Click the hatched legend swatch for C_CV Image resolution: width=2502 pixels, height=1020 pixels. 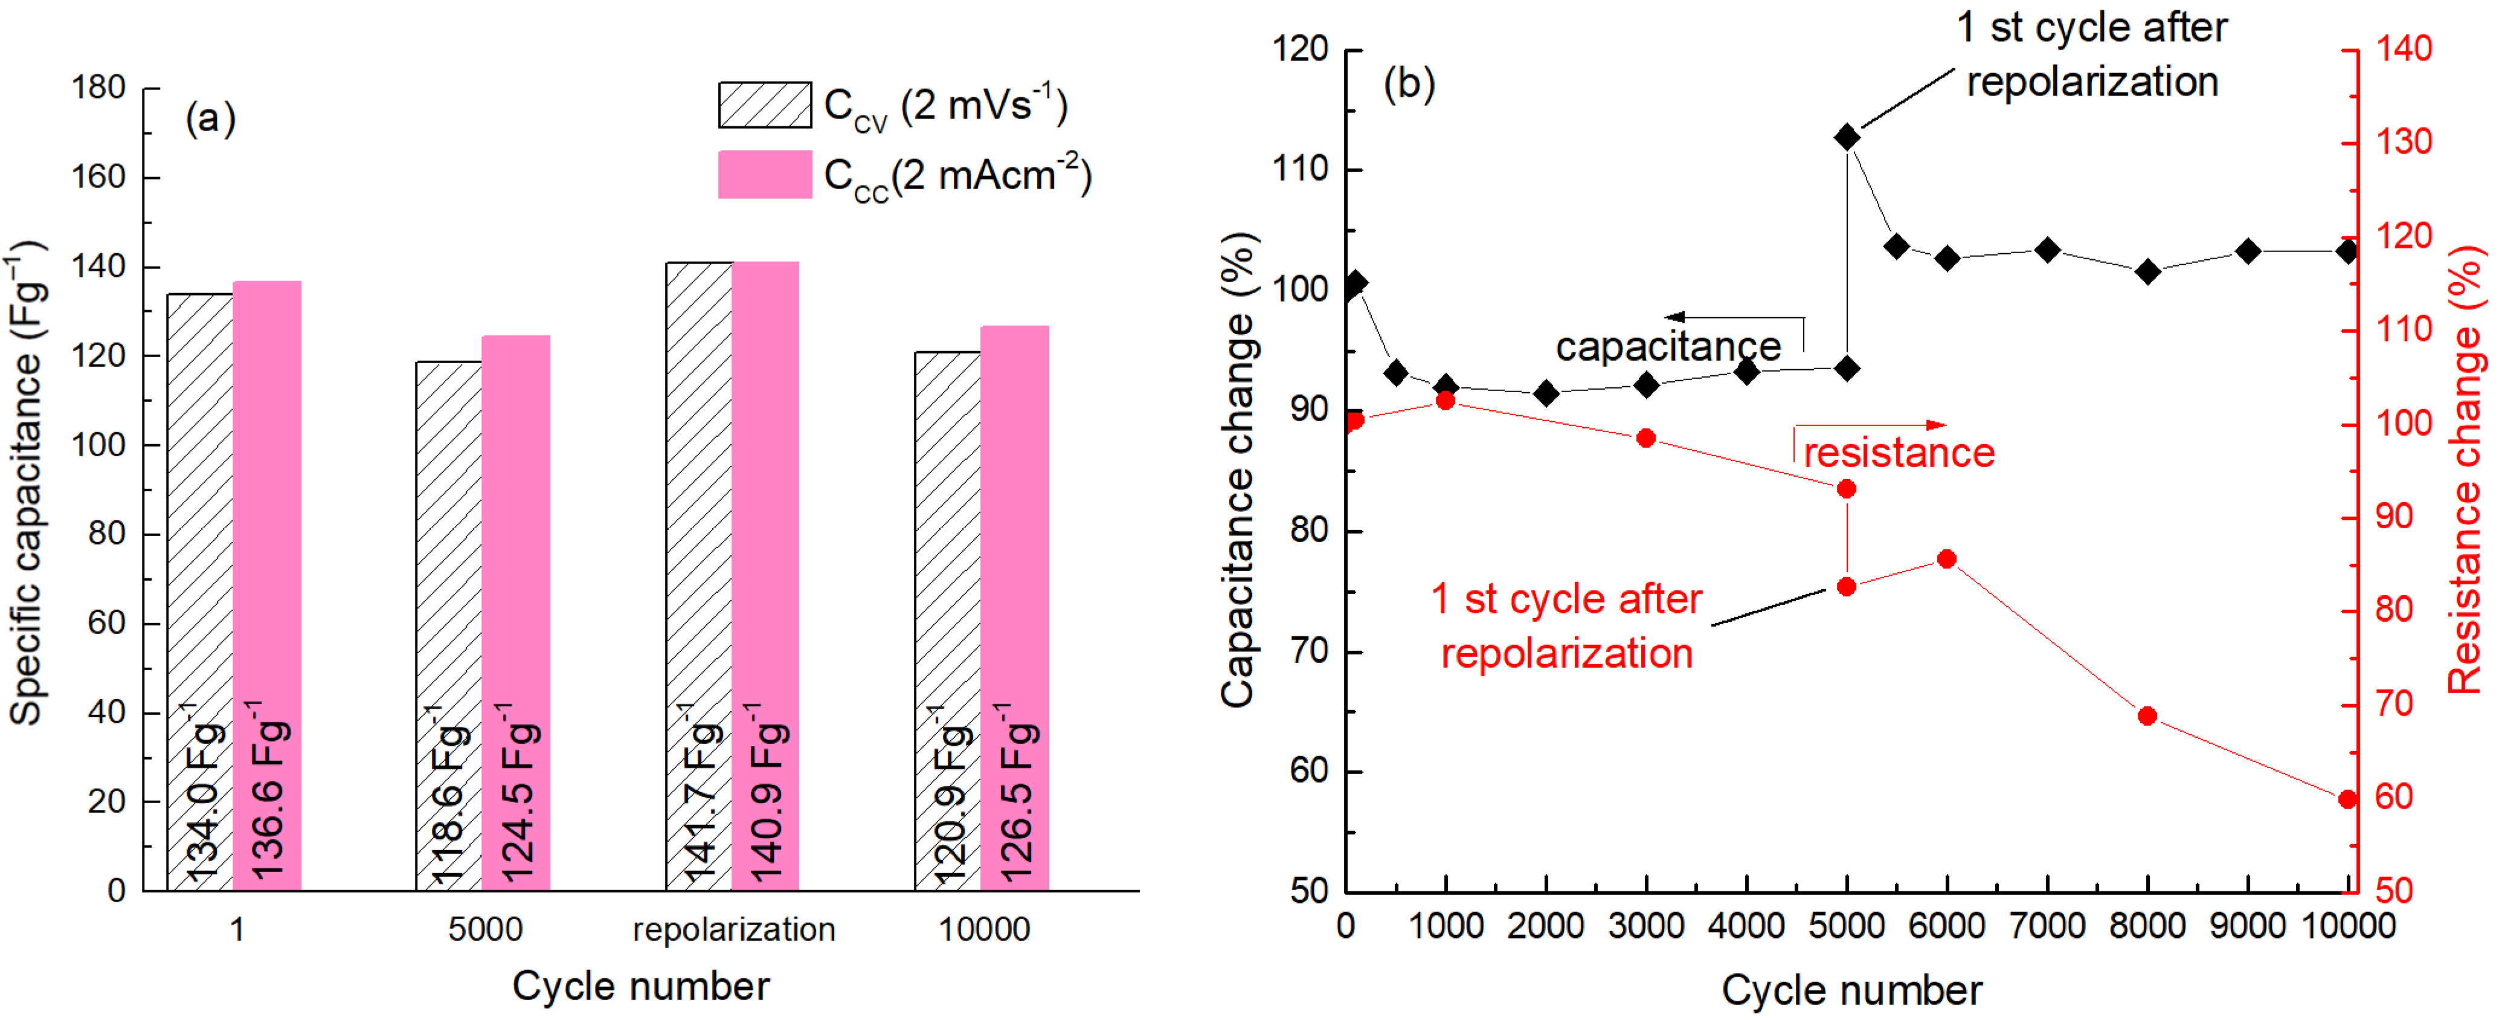coord(764,105)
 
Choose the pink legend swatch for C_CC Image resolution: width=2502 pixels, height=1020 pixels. coord(764,175)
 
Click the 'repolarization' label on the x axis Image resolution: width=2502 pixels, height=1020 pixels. coord(733,929)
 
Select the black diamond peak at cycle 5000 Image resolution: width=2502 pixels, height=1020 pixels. coord(1847,138)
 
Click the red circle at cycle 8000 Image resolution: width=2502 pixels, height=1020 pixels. coord(2147,716)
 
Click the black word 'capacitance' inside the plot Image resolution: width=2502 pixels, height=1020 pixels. coord(1668,347)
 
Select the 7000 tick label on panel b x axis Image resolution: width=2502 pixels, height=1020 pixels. coord(2047,926)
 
